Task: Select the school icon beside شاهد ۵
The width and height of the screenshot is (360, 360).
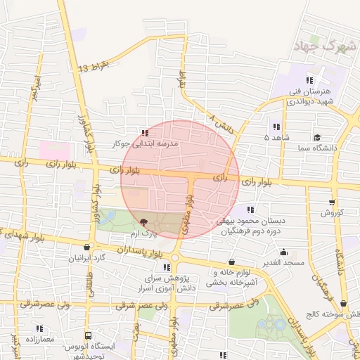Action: pyautogui.click(x=276, y=127)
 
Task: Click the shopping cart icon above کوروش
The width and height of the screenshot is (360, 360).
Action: pyautogui.click(x=332, y=202)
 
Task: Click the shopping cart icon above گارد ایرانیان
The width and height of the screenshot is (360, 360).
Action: pyautogui.click(x=86, y=247)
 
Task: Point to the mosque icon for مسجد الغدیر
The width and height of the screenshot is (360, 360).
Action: pyautogui.click(x=284, y=252)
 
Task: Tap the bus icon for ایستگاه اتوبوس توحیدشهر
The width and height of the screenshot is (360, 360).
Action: pyautogui.click(x=88, y=336)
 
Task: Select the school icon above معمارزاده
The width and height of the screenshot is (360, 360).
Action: pyautogui.click(x=39, y=328)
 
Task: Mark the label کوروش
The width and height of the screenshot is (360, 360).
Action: pyautogui.click(x=332, y=212)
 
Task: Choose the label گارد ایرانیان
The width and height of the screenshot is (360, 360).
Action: pyautogui.click(x=86, y=258)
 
